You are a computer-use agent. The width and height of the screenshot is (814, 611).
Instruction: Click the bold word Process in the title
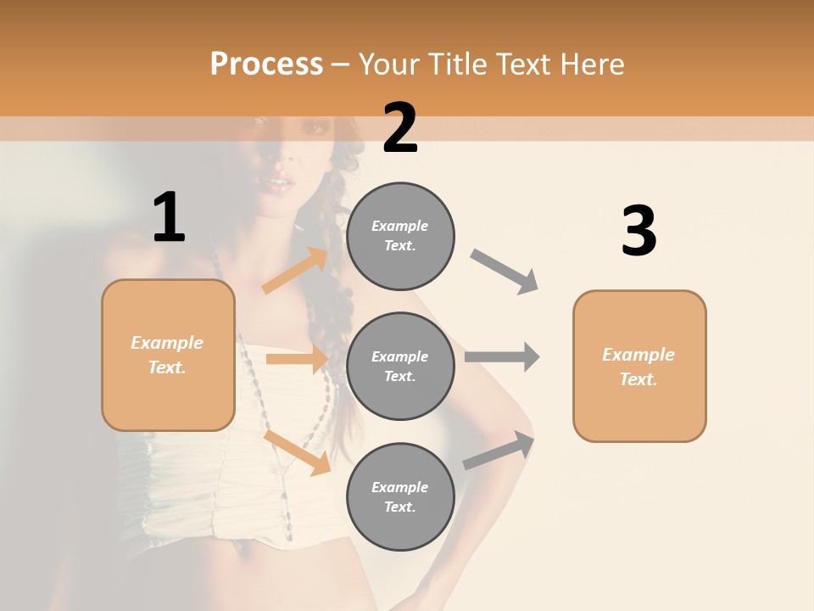click(x=266, y=64)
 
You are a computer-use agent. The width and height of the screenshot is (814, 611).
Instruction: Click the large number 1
click(x=169, y=218)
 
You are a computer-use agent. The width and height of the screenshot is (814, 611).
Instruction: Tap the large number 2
click(x=400, y=128)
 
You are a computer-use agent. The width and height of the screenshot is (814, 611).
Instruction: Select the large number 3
click(x=638, y=232)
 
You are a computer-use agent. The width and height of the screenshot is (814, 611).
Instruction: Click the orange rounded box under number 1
click(x=168, y=355)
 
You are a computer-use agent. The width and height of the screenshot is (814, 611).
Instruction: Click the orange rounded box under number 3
click(x=639, y=367)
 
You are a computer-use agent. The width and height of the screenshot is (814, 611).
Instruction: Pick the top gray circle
click(x=400, y=236)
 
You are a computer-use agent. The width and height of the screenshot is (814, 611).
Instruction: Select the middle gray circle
click(x=400, y=367)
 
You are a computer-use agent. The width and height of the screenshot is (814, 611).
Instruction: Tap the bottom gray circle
click(x=400, y=497)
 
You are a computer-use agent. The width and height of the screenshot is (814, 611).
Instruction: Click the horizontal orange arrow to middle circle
click(x=297, y=359)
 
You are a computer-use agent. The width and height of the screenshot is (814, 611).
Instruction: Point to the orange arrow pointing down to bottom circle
click(x=297, y=452)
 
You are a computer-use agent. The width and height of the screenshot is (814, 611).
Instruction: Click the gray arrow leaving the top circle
click(x=505, y=271)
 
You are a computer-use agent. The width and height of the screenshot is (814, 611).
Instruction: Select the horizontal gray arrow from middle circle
click(x=502, y=357)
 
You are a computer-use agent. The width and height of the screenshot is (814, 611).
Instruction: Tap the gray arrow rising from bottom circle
click(x=499, y=450)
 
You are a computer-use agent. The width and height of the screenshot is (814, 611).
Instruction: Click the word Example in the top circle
click(x=400, y=226)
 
